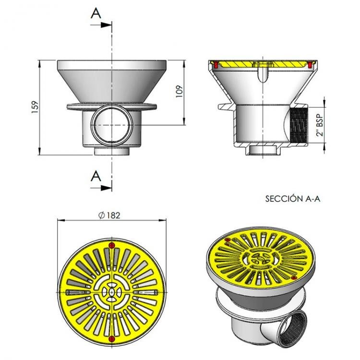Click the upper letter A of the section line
click(x=96, y=13)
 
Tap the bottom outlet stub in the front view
click(x=111, y=151)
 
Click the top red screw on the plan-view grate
click(x=112, y=246)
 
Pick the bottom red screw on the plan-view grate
click(x=112, y=339)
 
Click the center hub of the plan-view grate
click(x=112, y=292)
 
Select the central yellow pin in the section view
click(x=263, y=72)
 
